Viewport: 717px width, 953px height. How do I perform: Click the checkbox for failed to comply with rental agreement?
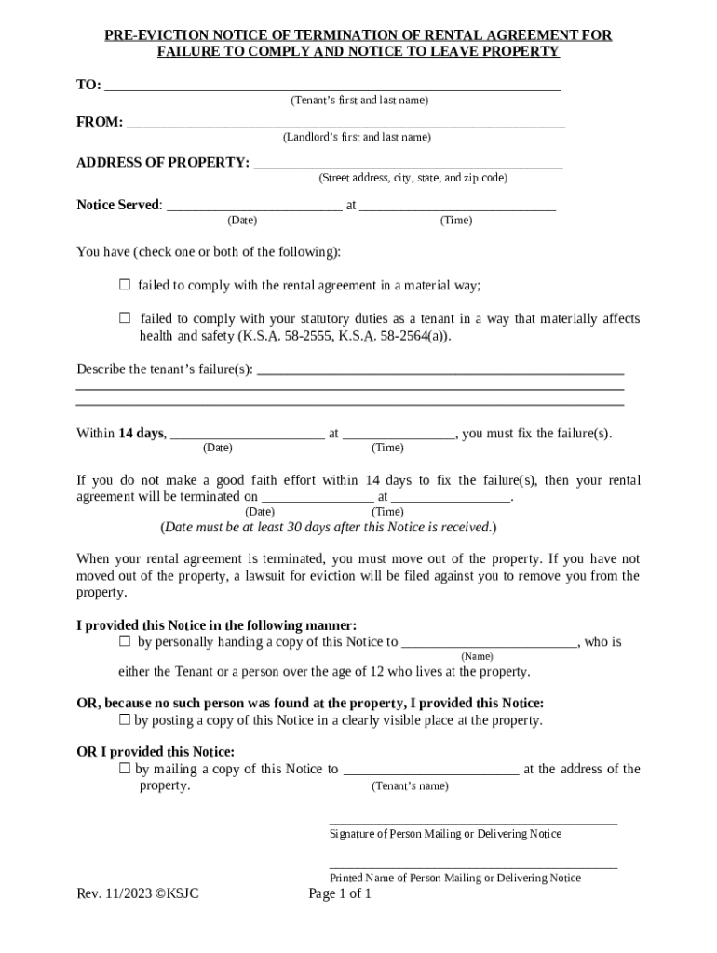coord(125,285)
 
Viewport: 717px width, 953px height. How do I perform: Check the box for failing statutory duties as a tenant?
coord(125,318)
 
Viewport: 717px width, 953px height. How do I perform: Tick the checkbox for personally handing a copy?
coord(125,641)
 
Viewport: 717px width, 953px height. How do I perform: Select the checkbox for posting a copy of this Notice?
coord(125,719)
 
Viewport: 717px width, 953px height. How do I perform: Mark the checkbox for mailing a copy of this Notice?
coord(125,769)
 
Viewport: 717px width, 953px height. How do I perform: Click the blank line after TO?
coord(332,87)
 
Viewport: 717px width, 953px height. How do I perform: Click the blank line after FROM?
coord(345,125)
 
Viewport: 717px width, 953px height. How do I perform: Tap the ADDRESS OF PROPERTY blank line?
coord(408,166)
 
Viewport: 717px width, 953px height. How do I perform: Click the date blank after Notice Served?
coord(253,208)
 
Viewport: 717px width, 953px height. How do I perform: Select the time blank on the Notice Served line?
coord(457,208)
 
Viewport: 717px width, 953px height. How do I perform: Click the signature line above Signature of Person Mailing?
coord(473,822)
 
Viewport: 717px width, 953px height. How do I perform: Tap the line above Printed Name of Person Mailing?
coord(473,866)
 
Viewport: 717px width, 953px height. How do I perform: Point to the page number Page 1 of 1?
coord(340,894)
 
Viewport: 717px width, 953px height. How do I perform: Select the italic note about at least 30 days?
coord(329,527)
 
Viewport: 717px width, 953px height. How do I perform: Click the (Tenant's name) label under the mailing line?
coord(410,786)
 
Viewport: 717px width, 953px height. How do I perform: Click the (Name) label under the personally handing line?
coord(478,656)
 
